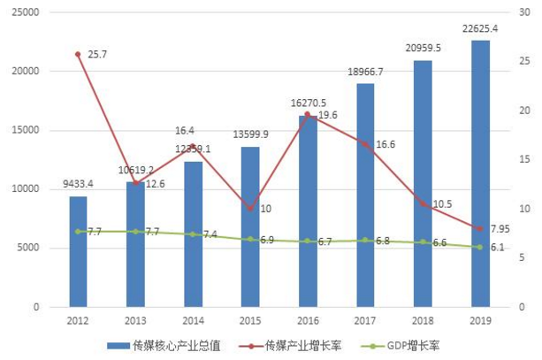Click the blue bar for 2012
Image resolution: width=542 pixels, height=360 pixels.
[78, 252]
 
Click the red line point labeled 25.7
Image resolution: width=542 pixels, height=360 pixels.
[78, 54]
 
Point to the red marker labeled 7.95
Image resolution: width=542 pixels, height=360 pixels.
[480, 229]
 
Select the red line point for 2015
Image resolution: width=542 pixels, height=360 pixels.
[250, 209]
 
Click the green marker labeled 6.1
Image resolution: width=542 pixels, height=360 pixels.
[480, 247]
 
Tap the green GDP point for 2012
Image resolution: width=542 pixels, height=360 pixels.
[78, 231]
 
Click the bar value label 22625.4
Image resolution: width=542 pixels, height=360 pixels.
[480, 28]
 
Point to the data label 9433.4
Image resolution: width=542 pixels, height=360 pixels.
[80, 184]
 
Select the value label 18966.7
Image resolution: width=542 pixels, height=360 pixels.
[365, 71]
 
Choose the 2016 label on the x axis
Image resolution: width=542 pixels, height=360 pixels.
[308, 321]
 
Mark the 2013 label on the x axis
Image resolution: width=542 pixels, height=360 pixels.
[135, 321]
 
